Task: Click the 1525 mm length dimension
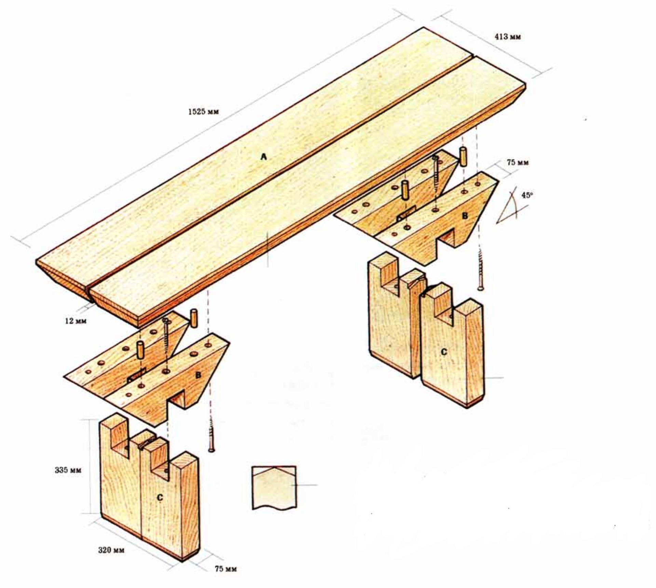coord(203,112)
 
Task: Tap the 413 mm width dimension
coord(508,37)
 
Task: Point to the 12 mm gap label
coord(76,321)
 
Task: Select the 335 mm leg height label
coord(68,470)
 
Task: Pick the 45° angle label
coord(527,195)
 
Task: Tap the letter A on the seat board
coord(263,157)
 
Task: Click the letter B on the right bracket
coord(465,216)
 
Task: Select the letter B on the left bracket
coord(198,375)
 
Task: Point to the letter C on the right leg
coord(444,352)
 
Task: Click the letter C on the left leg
coord(160,498)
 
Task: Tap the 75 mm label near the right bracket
coord(518,163)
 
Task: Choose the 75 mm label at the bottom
coord(225,569)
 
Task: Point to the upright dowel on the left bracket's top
coord(139,350)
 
